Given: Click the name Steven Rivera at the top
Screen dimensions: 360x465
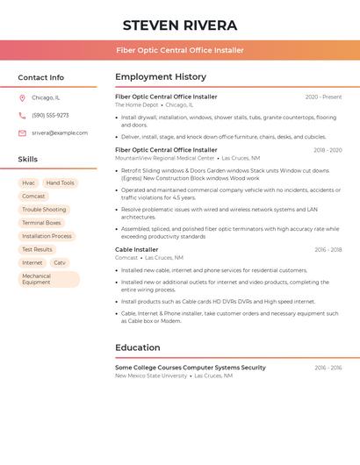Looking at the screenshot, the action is [x=180, y=25].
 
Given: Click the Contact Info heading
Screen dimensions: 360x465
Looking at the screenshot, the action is [x=40, y=77].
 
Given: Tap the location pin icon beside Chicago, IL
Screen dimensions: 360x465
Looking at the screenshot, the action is [x=22, y=98].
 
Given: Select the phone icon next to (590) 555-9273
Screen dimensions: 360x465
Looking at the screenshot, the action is [x=22, y=116].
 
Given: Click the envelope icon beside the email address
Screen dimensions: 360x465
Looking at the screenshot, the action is [x=22, y=133].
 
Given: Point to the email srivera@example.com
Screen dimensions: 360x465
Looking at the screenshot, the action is [x=60, y=133].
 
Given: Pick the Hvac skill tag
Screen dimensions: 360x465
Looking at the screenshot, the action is [x=28, y=183].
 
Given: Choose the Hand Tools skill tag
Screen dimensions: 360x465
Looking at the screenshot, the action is [x=61, y=183].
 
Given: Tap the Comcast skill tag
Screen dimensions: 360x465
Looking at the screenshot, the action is [x=33, y=197].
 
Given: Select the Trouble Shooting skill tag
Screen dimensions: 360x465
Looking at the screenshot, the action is [x=44, y=210].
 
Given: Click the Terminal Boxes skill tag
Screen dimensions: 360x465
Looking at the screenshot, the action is [x=41, y=223].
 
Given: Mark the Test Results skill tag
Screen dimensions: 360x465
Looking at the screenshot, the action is [x=37, y=249].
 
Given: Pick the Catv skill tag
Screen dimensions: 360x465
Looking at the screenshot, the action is [x=60, y=262].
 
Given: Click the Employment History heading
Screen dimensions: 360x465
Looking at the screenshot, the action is [x=161, y=77].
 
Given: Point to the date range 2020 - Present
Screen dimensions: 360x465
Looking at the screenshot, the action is [x=323, y=97].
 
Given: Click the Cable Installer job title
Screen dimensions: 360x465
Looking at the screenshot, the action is [x=136, y=250].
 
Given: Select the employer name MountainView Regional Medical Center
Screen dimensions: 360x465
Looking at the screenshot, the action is [x=164, y=159].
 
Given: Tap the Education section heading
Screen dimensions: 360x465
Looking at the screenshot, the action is [x=137, y=347].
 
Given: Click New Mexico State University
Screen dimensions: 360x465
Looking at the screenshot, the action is [x=151, y=376].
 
